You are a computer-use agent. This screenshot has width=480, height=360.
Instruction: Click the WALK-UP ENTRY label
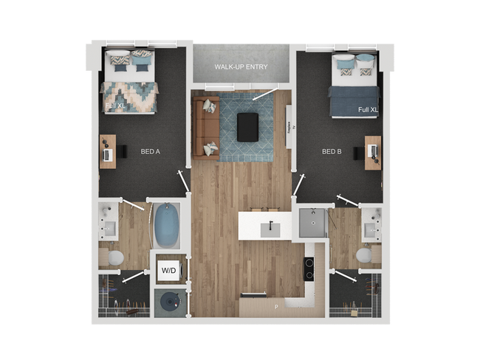(x=241, y=67)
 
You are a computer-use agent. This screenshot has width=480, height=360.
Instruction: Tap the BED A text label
(x=151, y=152)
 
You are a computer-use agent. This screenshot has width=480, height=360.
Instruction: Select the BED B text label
(x=332, y=152)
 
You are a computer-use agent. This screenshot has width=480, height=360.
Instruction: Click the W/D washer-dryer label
(x=168, y=271)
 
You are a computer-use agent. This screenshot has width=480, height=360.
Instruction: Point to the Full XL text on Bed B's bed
(x=368, y=110)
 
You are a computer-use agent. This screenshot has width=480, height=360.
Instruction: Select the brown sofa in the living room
(x=205, y=128)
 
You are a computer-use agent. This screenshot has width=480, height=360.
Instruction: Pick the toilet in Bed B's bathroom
(x=365, y=255)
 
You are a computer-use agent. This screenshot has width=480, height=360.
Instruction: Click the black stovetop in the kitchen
(x=309, y=269)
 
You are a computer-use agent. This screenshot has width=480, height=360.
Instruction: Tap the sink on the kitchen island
(x=270, y=226)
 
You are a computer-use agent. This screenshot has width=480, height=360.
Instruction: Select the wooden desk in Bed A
(x=108, y=151)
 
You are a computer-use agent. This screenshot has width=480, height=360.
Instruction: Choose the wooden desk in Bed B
(x=372, y=152)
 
